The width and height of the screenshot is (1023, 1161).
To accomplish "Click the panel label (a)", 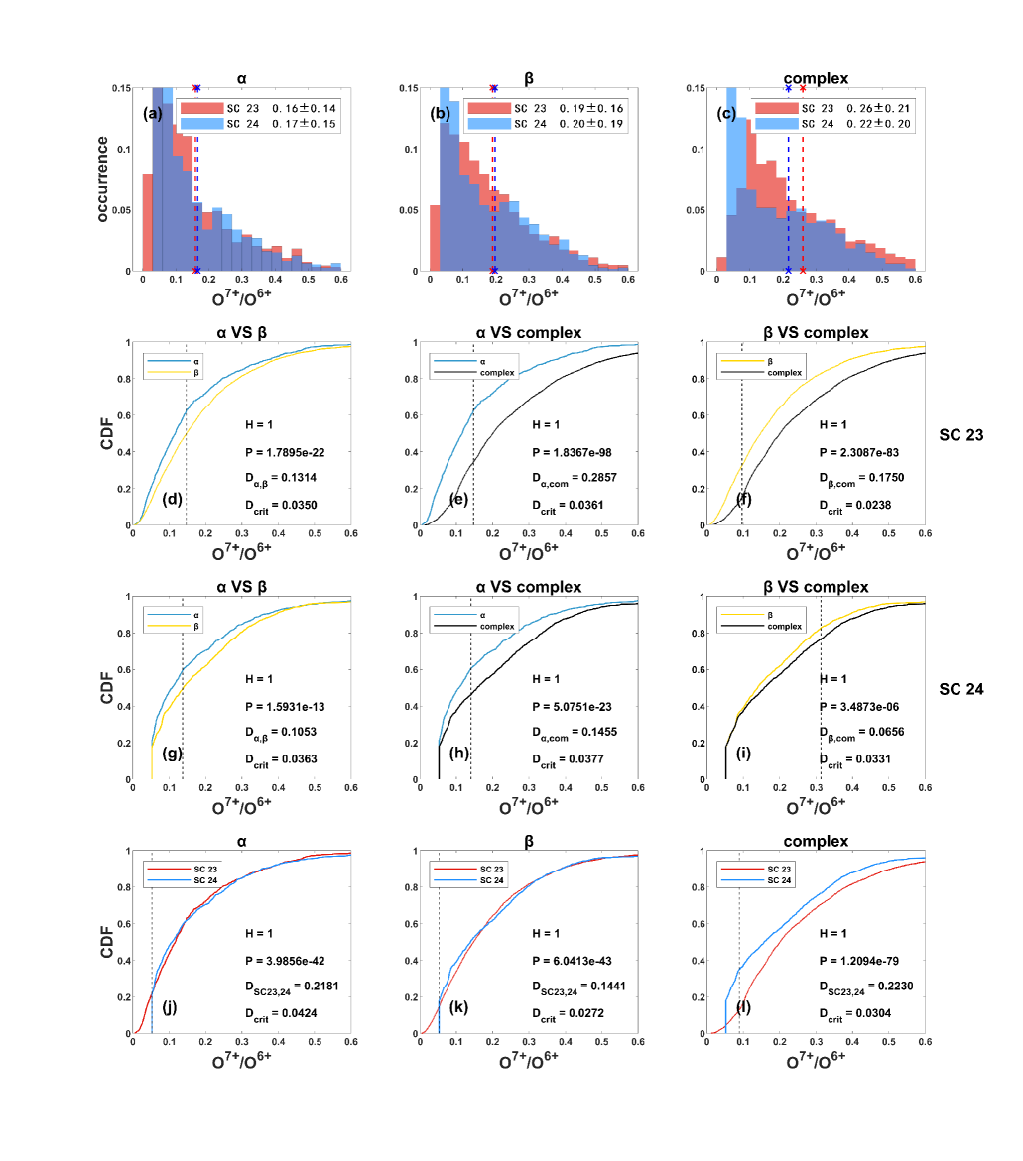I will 153,114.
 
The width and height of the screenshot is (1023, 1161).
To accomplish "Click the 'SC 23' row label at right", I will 960,433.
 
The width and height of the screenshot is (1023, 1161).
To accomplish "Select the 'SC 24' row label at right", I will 960,687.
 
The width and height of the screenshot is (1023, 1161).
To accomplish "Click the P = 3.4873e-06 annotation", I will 870,705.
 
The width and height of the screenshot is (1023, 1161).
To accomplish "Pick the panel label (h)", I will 458,753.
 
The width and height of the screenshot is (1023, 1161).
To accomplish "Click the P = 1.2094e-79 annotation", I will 870,960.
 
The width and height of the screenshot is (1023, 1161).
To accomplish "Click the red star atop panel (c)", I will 802,88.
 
